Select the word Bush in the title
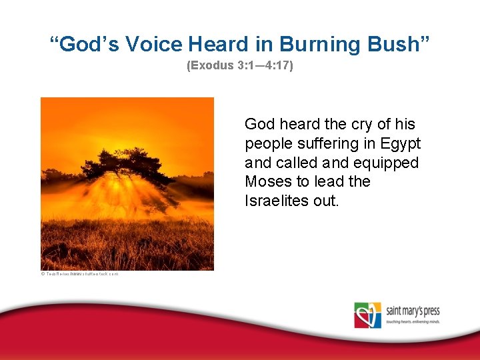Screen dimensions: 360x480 pos(401,44)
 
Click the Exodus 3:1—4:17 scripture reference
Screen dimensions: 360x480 pos(240,67)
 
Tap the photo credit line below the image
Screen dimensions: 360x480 pos(79,274)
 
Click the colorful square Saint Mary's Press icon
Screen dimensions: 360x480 pos(367,315)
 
